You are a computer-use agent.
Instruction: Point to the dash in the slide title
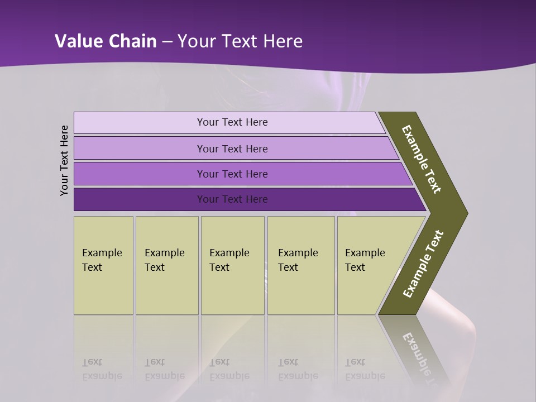pos(167,42)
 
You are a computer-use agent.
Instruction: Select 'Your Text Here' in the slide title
pos(240,41)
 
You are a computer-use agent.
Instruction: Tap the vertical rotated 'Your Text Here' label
pos(64,161)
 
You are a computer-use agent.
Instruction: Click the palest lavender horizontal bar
pos(229,123)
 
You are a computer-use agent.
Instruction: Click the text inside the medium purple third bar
pos(232,174)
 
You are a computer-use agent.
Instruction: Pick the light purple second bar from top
pos(232,149)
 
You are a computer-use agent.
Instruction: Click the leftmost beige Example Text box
pos(103,265)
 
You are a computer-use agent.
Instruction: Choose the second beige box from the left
pos(167,265)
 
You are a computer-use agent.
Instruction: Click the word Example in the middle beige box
pos(229,253)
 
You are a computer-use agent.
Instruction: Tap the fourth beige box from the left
pos(301,265)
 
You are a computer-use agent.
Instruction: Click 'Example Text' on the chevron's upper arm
pos(422,159)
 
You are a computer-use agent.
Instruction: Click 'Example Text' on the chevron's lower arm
pos(423,264)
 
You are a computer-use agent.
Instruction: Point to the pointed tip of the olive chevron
pos(466,213)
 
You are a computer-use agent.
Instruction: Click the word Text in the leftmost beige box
pos(92,267)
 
